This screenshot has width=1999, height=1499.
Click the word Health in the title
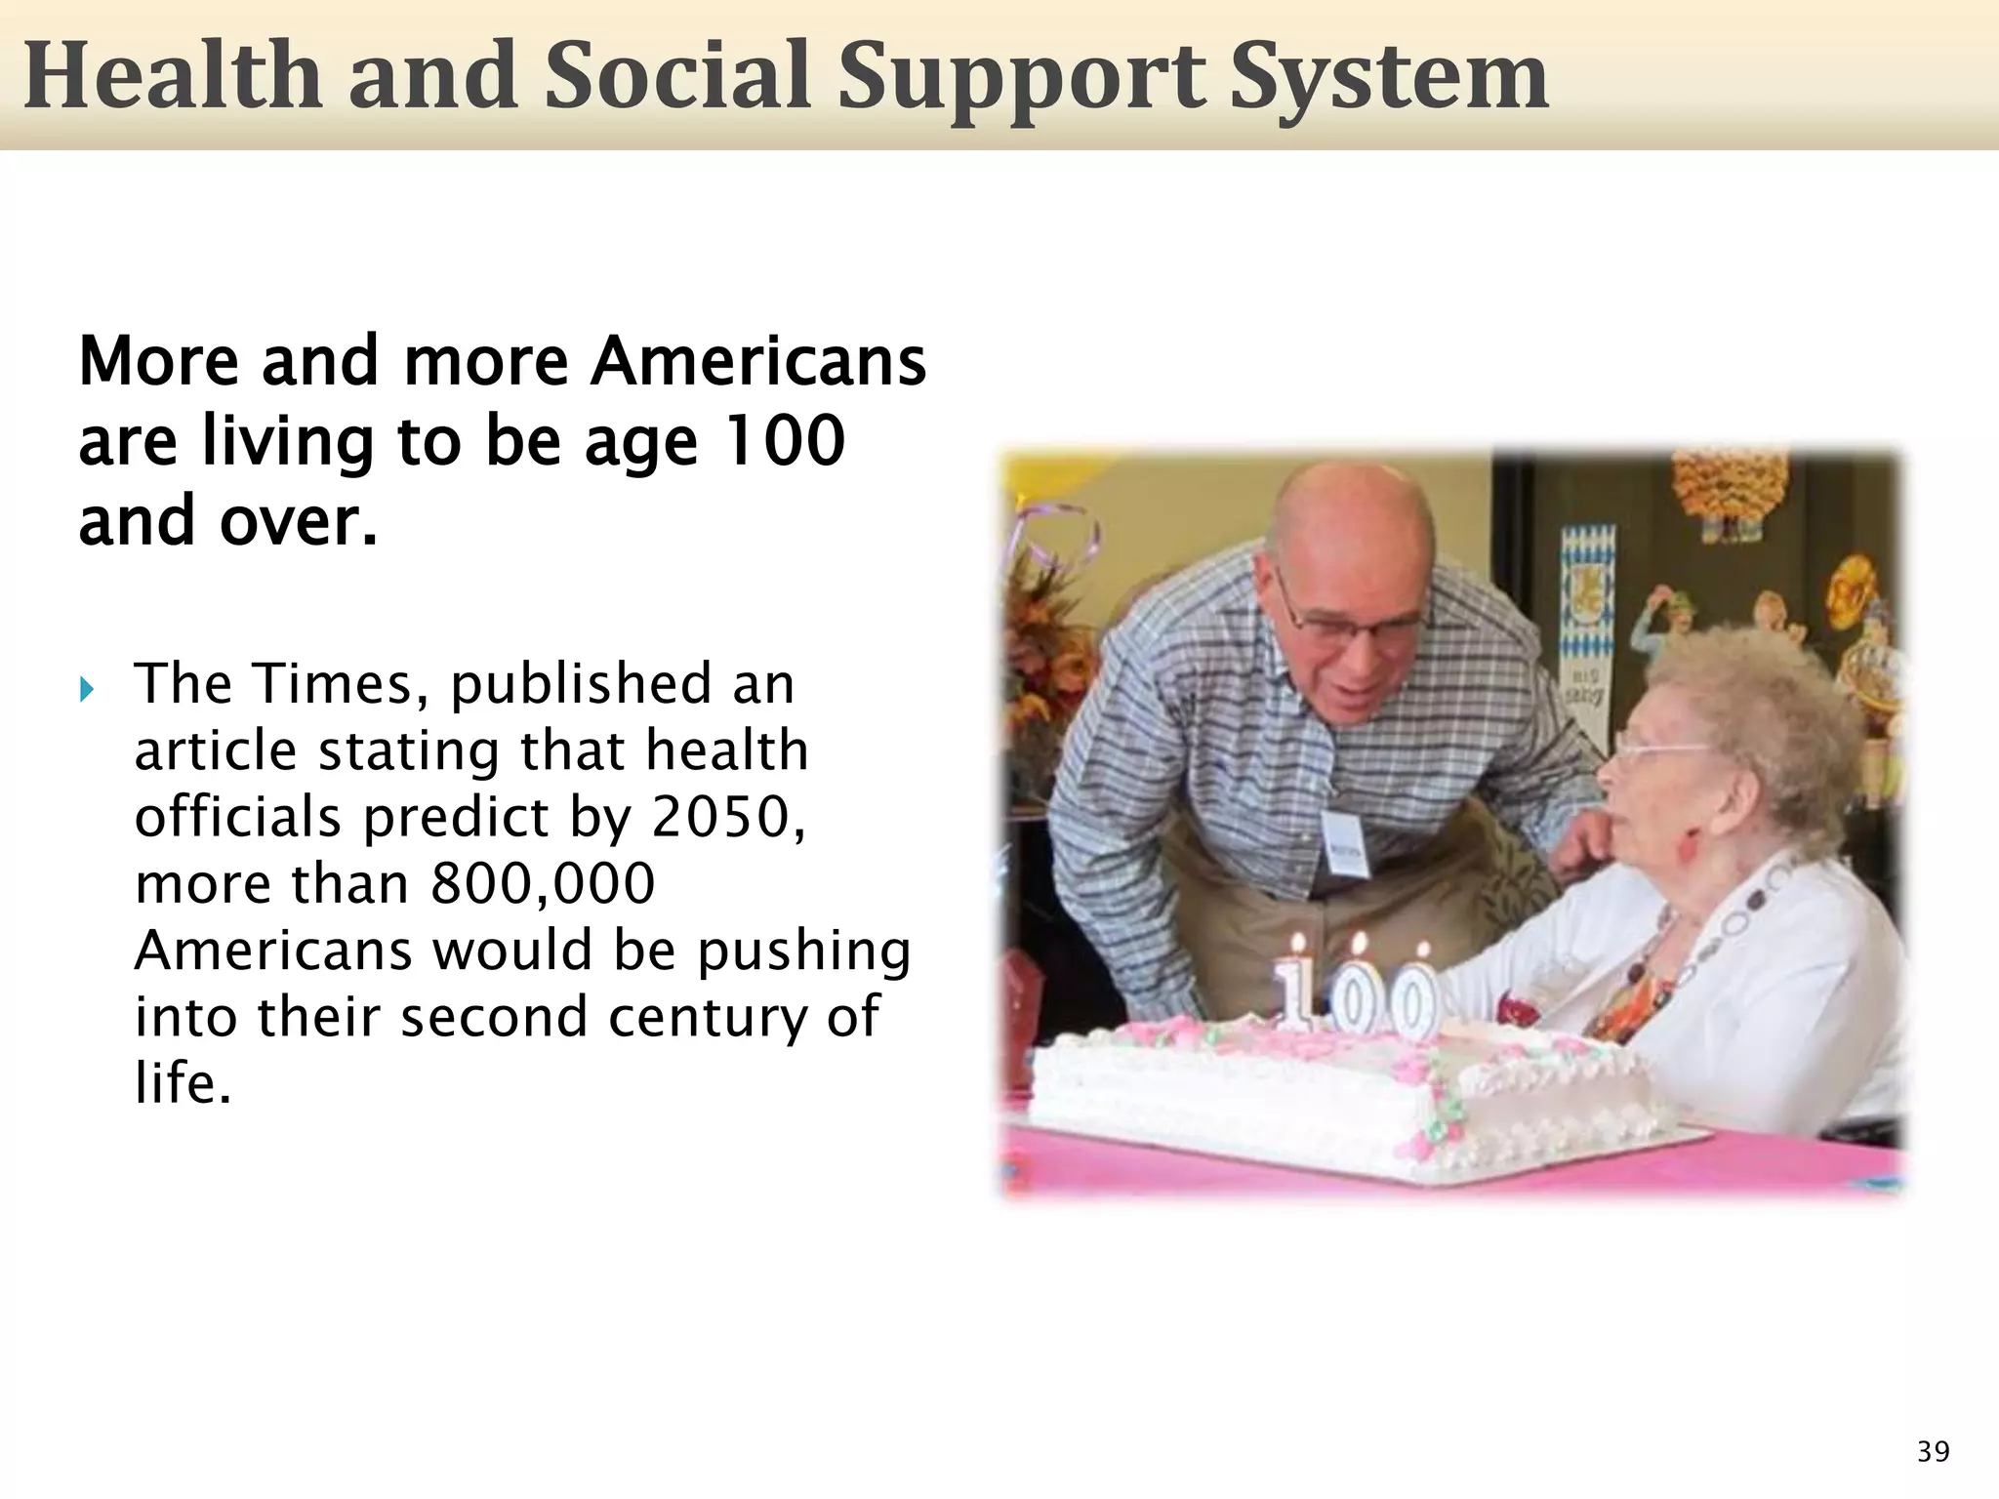172,76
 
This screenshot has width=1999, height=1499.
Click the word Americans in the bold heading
758,361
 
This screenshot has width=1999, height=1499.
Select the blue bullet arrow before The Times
87,690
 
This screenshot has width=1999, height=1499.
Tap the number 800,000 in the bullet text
542,883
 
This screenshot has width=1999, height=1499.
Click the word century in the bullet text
707,1017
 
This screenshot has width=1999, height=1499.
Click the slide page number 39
1933,1451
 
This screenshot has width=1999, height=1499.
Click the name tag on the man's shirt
1344,840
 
